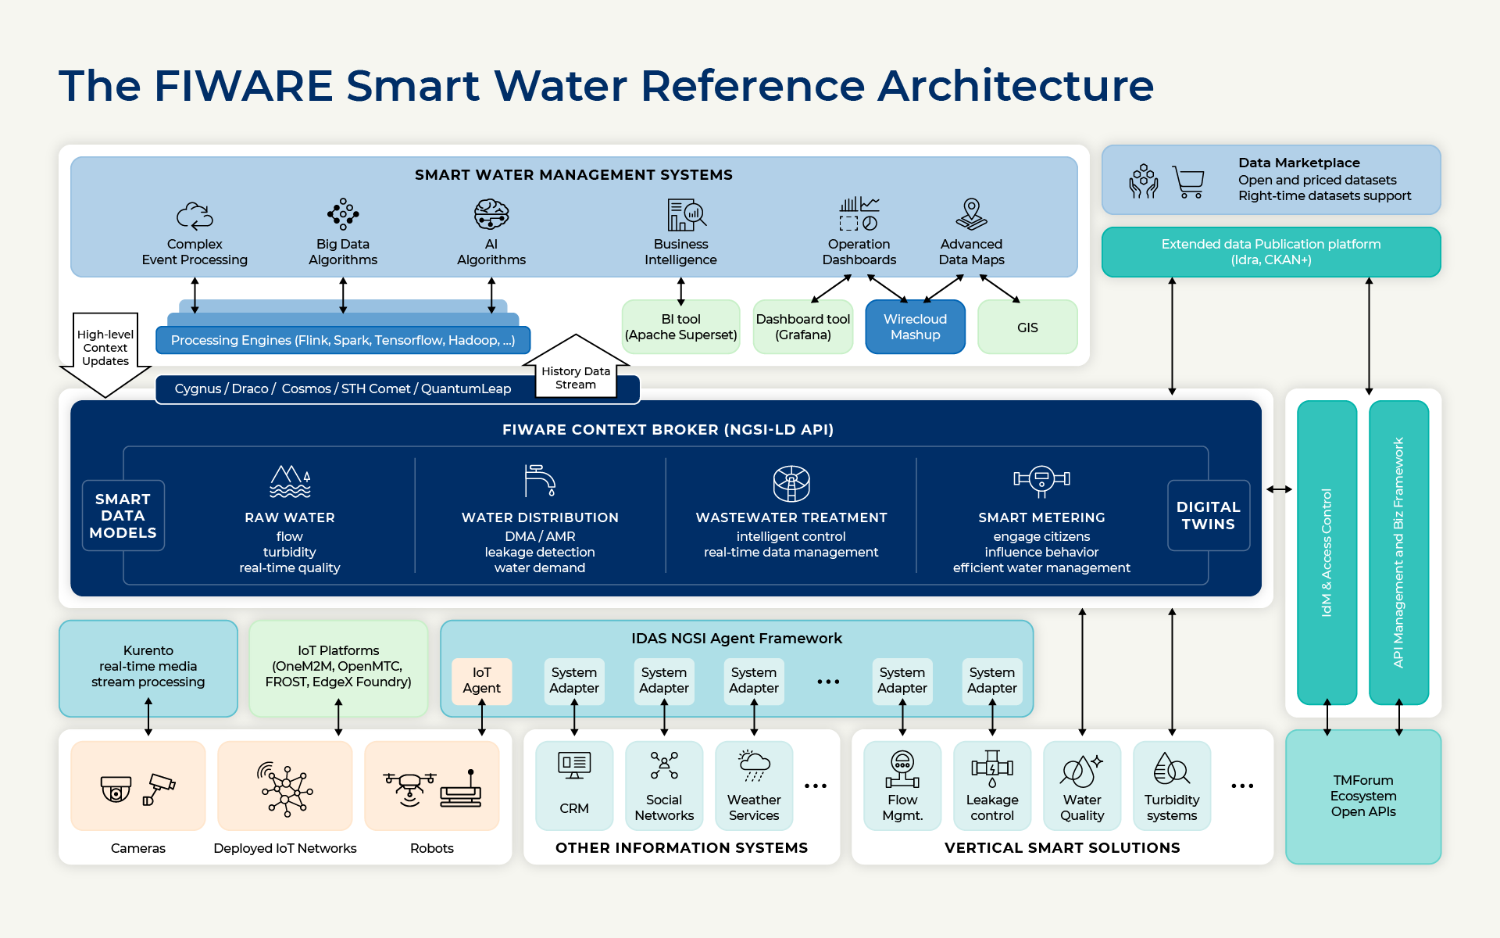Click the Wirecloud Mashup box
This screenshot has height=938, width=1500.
tap(915, 327)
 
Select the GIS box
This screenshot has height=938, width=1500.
tap(1027, 327)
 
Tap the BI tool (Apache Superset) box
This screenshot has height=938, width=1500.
tap(680, 327)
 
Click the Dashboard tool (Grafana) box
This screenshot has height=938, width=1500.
tap(803, 327)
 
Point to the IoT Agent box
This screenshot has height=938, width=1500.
tap(481, 681)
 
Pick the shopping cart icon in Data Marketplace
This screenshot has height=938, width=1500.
tap(1188, 181)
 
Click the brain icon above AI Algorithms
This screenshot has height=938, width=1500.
tap(491, 213)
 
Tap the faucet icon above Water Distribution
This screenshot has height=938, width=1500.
tap(540, 481)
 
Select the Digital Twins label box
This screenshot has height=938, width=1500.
tap(1209, 516)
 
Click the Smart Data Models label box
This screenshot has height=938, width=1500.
tap(123, 516)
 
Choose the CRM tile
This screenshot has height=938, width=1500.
tap(574, 786)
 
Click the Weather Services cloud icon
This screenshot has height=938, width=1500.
tap(754, 765)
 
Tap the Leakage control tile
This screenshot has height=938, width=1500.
tap(992, 786)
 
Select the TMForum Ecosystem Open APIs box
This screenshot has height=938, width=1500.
tap(1363, 797)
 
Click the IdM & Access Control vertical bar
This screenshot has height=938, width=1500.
tap(1327, 553)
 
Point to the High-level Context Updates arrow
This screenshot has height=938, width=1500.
tap(105, 356)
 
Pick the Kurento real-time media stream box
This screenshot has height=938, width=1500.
tap(148, 668)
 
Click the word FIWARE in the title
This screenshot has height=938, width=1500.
tap(244, 85)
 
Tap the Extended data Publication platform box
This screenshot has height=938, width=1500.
tap(1271, 252)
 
